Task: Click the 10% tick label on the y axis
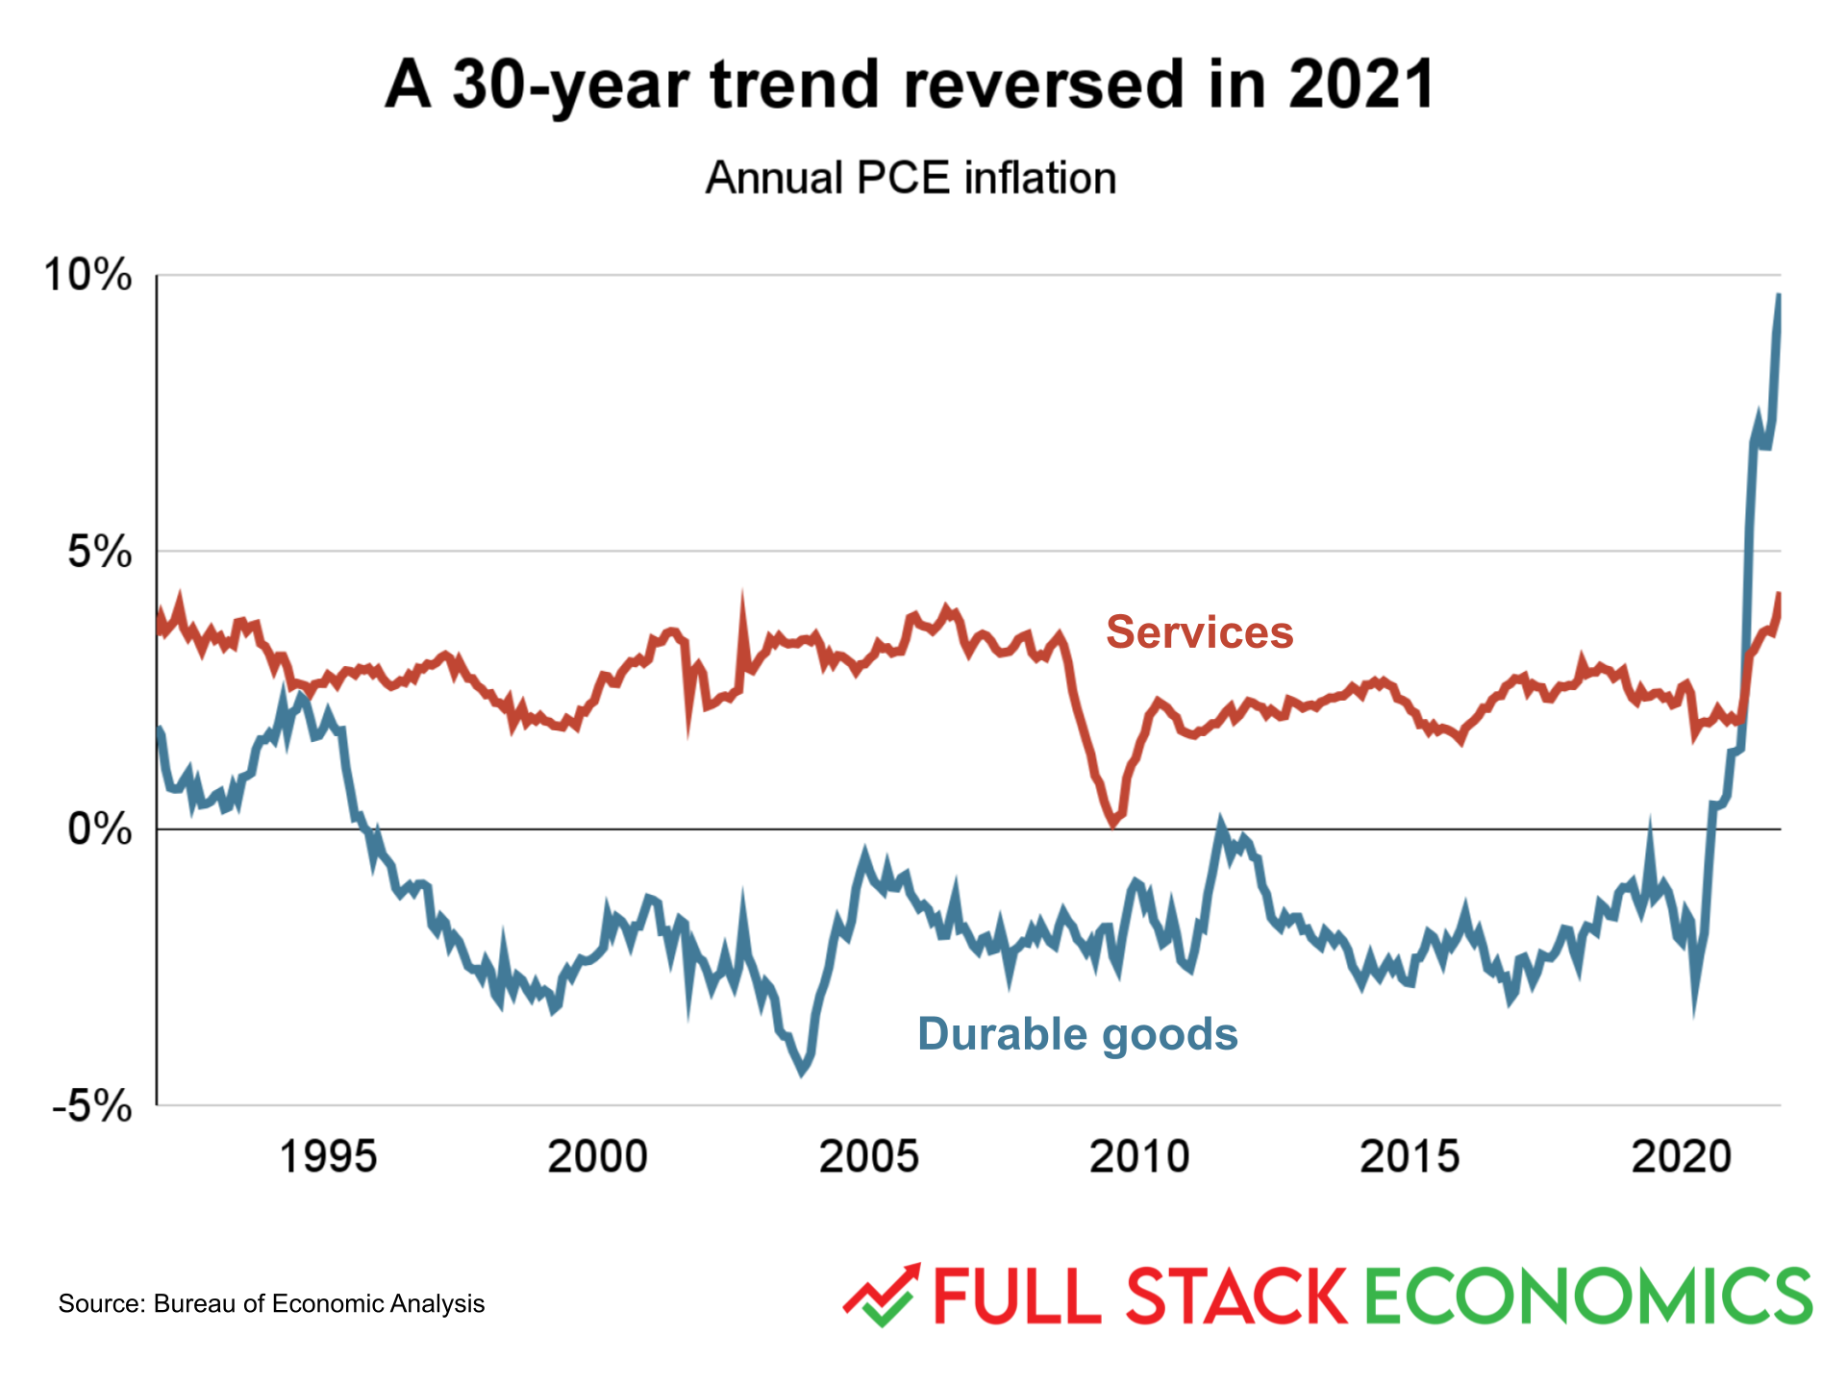tap(88, 276)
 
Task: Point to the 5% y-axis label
tap(99, 553)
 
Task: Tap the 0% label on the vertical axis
tap(99, 829)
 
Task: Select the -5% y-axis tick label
tap(92, 1106)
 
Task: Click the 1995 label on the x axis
tap(328, 1156)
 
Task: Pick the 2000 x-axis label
tap(598, 1156)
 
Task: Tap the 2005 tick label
tap(869, 1156)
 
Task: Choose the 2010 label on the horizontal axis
tap(1139, 1156)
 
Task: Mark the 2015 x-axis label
tap(1409, 1156)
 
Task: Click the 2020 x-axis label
tap(1681, 1156)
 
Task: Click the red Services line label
tap(1199, 632)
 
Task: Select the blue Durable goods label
tap(1077, 1035)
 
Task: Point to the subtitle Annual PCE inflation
tap(911, 179)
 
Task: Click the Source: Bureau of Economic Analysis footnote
tap(271, 1304)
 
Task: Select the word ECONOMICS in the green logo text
tap(1587, 1297)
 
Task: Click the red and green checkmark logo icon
tap(882, 1296)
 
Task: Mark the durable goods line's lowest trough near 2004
tap(803, 1072)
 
